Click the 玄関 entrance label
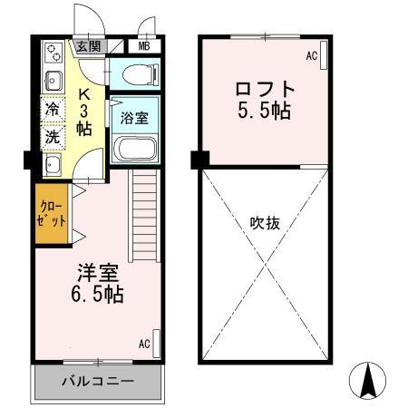point(88,46)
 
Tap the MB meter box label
point(144,46)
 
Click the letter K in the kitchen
point(85,92)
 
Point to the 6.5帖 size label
point(96,296)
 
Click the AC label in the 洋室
point(144,344)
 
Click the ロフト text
point(265,90)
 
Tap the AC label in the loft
point(311,56)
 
